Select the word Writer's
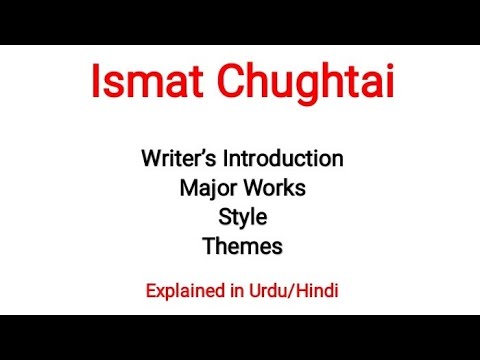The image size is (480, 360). tap(177, 158)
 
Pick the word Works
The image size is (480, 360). tap(273, 187)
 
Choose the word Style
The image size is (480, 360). tap(242, 217)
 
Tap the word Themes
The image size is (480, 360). tap(242, 245)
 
